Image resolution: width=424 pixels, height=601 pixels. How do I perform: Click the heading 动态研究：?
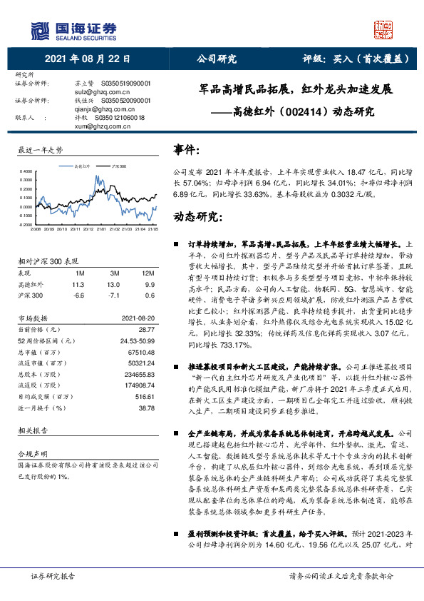pos(195,217)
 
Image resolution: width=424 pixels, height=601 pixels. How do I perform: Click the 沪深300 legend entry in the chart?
pos(119,166)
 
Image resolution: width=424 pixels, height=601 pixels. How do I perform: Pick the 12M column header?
pos(149,273)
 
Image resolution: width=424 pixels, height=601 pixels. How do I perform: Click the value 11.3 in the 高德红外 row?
pos(78,284)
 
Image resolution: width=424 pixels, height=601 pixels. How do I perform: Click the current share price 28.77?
pos(147,329)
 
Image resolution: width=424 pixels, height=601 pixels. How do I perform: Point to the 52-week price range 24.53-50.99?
pos(139,340)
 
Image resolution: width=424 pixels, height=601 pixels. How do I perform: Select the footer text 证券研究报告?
pos(53,575)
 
